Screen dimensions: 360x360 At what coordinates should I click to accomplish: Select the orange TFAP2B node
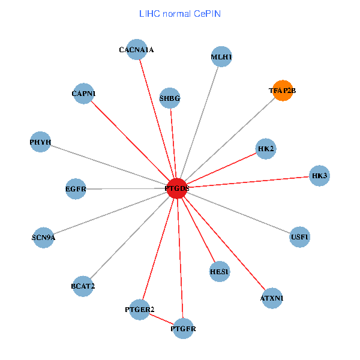(282, 91)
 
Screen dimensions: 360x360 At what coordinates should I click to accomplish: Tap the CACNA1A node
(136, 50)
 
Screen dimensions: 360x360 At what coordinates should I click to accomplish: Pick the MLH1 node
(221, 57)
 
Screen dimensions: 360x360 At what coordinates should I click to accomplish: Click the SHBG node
(170, 98)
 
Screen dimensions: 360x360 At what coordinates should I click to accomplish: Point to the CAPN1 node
(83, 94)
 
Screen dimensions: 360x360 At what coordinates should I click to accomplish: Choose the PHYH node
(40, 142)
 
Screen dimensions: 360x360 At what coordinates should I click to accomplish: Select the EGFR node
(76, 189)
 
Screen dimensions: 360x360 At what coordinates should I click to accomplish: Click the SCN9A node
(43, 237)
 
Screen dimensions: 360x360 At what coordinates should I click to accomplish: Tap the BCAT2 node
(83, 286)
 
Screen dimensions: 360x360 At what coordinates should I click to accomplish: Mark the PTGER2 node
(140, 309)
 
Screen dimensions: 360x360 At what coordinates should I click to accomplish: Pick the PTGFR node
(183, 328)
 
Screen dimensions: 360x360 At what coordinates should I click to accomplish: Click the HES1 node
(220, 272)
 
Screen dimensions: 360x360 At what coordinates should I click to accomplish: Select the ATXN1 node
(272, 298)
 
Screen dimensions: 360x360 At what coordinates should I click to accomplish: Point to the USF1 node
(300, 236)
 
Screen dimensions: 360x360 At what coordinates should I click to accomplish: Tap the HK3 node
(319, 175)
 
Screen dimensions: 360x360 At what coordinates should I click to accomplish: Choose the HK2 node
(266, 148)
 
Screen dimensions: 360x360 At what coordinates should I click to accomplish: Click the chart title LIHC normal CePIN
(179, 13)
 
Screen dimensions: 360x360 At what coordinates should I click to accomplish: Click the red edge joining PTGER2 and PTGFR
(161, 319)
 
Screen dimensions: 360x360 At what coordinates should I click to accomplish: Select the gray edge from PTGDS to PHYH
(108, 165)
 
